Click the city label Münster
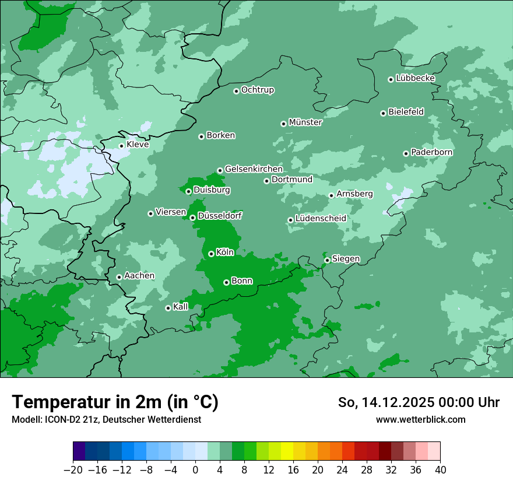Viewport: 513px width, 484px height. coord(305,122)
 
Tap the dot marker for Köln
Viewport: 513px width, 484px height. coord(211,254)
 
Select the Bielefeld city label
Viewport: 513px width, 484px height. coord(406,112)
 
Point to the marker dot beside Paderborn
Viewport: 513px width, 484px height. coord(406,153)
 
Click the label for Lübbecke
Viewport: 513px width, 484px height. coord(415,78)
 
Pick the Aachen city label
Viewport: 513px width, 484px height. coord(139,276)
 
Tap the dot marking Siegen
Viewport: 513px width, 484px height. coord(327,260)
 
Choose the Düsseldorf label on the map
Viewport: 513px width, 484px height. coord(219,216)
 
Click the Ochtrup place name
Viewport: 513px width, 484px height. coord(257,90)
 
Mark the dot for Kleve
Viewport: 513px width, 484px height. coord(121,146)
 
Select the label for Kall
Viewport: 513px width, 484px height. coord(181,307)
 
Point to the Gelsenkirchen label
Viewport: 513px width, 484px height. coord(254,169)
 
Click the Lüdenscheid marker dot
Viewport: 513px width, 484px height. coord(290,220)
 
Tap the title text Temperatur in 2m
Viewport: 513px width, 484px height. coord(115,402)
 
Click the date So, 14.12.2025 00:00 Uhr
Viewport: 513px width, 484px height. coord(419,402)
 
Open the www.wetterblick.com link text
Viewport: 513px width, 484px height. coord(420,419)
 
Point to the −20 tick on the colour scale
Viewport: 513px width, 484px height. coord(73,470)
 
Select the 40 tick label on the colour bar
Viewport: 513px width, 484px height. coord(440,470)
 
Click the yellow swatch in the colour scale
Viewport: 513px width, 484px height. coord(287,451)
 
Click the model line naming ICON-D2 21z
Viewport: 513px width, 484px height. coord(106,419)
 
